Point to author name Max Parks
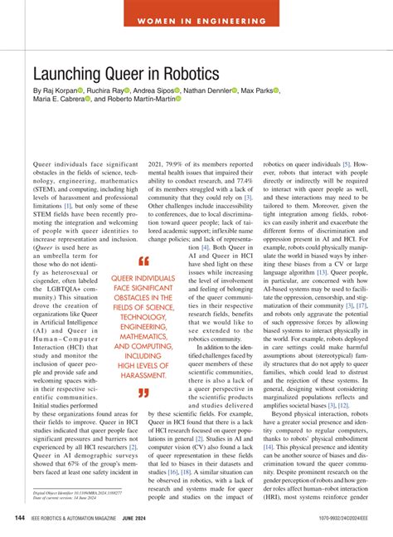[x=256, y=90]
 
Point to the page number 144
[x=18, y=519]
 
